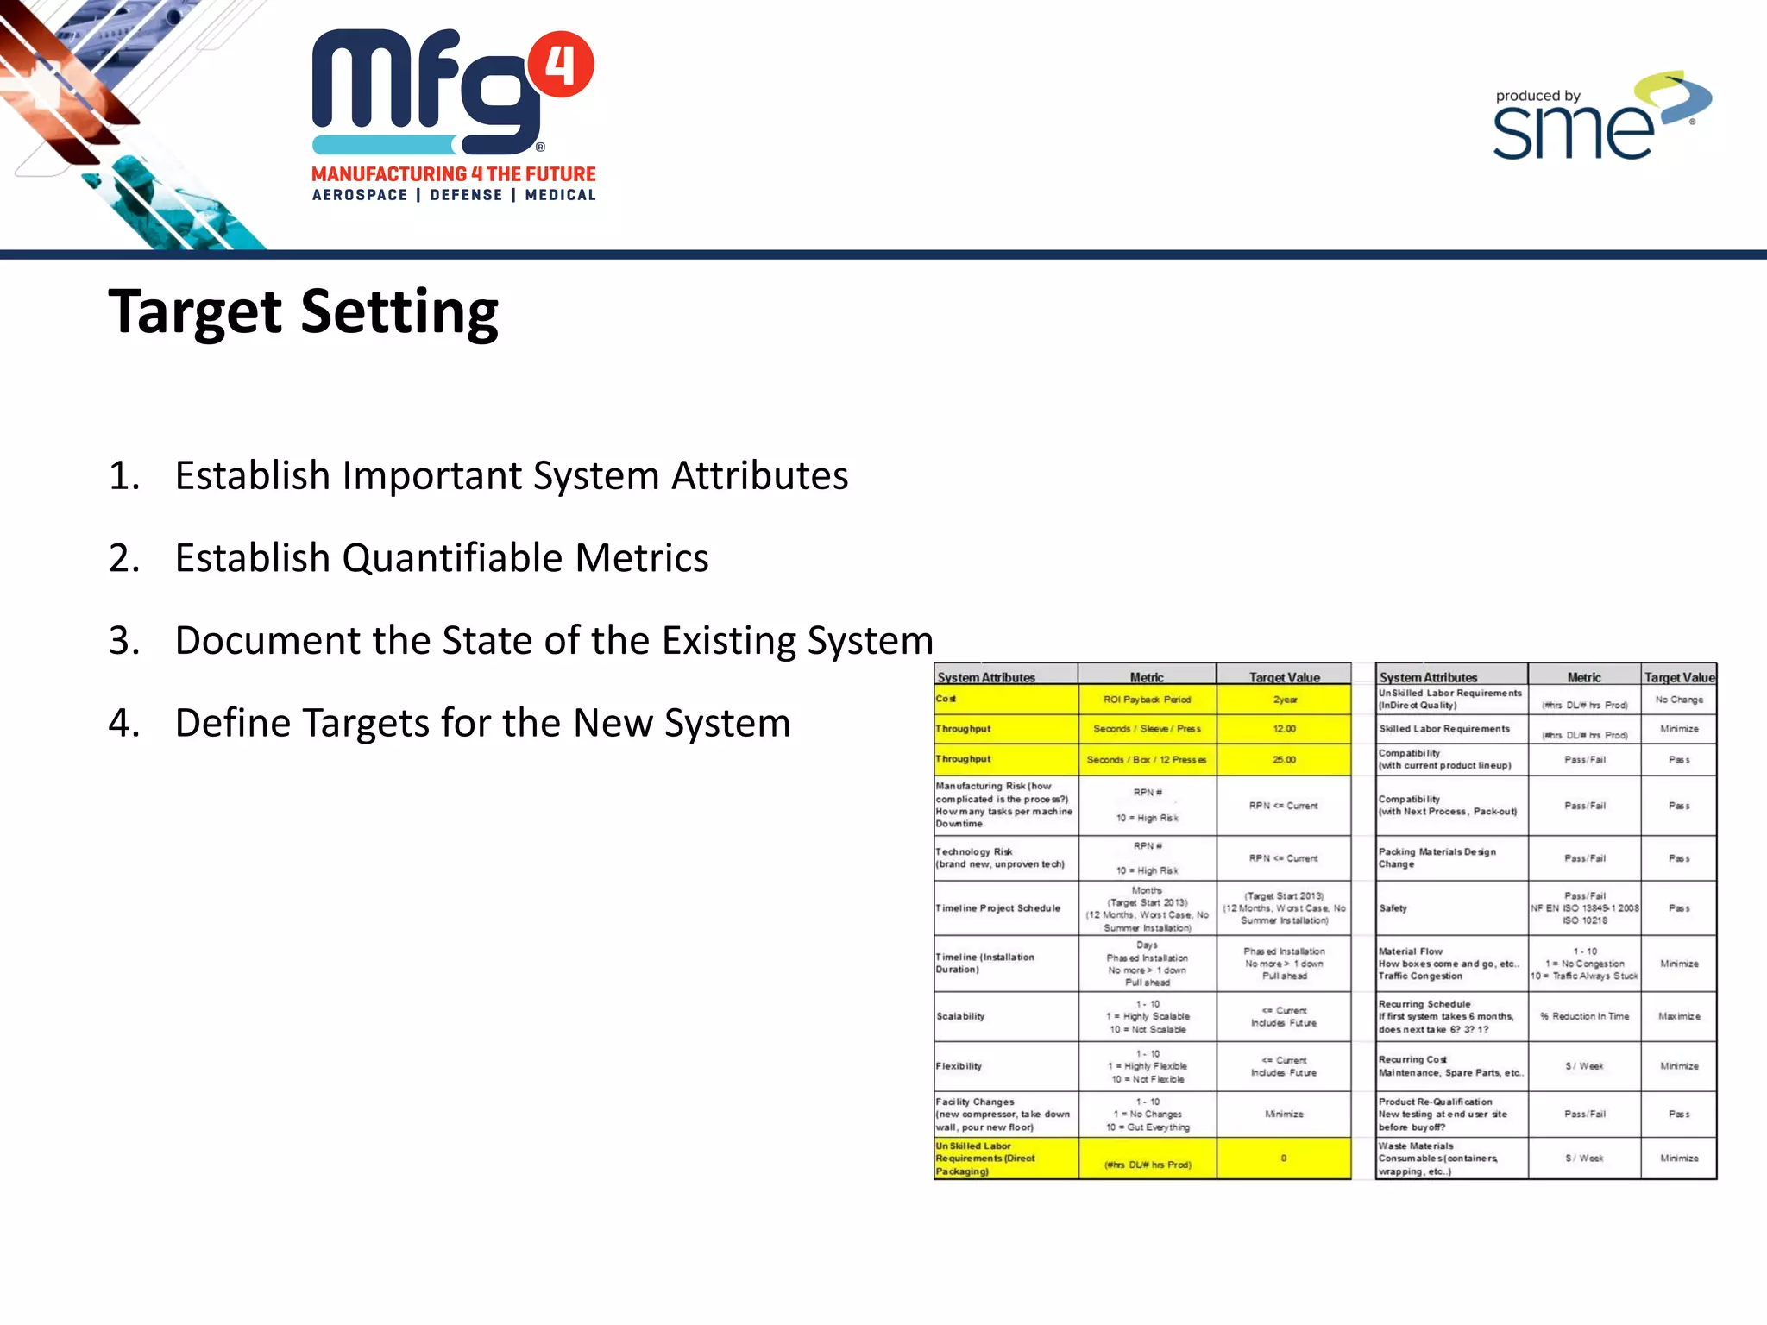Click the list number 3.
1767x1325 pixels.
click(x=123, y=641)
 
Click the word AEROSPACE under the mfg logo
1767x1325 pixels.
click(x=360, y=195)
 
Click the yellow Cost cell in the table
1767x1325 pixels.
click(x=1005, y=700)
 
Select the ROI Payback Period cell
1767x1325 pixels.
click(x=1147, y=700)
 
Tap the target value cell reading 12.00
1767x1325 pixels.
click(x=1284, y=729)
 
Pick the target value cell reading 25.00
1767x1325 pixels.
click(x=1284, y=760)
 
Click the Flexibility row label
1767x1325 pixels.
click(x=959, y=1066)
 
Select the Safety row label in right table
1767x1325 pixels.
click(x=1393, y=908)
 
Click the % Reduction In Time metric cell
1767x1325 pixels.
click(x=1585, y=1016)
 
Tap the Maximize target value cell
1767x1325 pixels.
click(x=1678, y=1016)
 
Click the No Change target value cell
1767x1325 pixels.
click(x=1678, y=700)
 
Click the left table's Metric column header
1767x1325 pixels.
click(x=1147, y=677)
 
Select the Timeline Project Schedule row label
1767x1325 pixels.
click(x=998, y=908)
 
